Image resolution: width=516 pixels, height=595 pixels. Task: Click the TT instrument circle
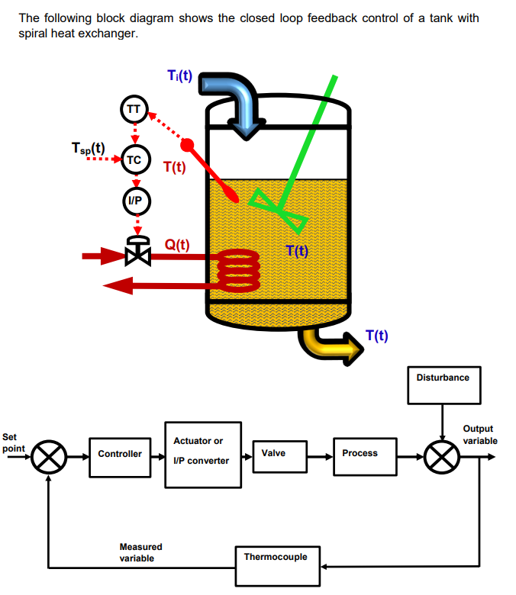coord(134,109)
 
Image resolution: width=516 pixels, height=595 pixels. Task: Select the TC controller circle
coord(134,160)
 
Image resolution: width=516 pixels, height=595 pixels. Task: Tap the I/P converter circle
coord(134,201)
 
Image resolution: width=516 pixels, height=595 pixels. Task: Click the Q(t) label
coord(177,244)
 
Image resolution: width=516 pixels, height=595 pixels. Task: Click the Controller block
coord(120,454)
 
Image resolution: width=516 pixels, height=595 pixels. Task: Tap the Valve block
coord(279,454)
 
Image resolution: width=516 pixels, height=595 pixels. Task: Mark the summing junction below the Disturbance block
coord(443,457)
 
